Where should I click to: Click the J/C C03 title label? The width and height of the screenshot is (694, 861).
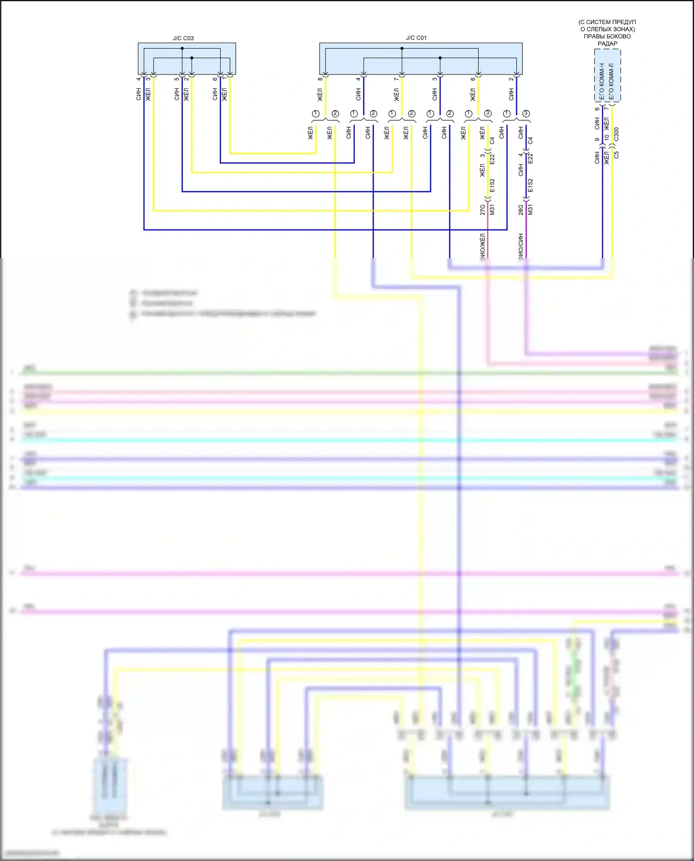(x=183, y=38)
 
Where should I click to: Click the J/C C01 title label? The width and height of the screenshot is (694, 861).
(x=416, y=38)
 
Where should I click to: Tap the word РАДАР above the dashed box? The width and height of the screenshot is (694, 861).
(x=607, y=43)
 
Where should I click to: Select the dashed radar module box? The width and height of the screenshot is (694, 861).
(x=607, y=75)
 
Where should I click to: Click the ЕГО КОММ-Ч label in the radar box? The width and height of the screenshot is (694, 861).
(x=602, y=81)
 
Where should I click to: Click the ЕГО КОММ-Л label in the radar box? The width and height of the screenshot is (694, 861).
(x=611, y=81)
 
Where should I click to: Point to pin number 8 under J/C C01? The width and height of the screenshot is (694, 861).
(x=320, y=79)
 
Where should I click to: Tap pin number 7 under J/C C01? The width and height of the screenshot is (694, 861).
(x=396, y=79)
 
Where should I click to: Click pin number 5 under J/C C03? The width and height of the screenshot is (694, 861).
(x=176, y=79)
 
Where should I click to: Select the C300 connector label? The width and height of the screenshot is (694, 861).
(x=616, y=134)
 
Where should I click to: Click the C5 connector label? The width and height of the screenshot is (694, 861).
(x=616, y=155)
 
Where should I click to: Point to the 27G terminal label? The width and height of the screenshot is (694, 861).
(x=483, y=210)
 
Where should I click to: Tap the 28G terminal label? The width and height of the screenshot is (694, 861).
(x=520, y=210)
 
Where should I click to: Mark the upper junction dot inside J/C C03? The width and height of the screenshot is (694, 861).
(x=182, y=49)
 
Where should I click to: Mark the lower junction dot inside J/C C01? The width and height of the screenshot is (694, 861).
(x=440, y=58)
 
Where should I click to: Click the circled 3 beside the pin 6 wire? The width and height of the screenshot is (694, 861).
(x=488, y=113)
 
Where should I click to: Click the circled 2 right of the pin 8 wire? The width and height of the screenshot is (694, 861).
(x=335, y=113)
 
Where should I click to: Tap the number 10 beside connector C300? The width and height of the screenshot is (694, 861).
(x=607, y=137)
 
